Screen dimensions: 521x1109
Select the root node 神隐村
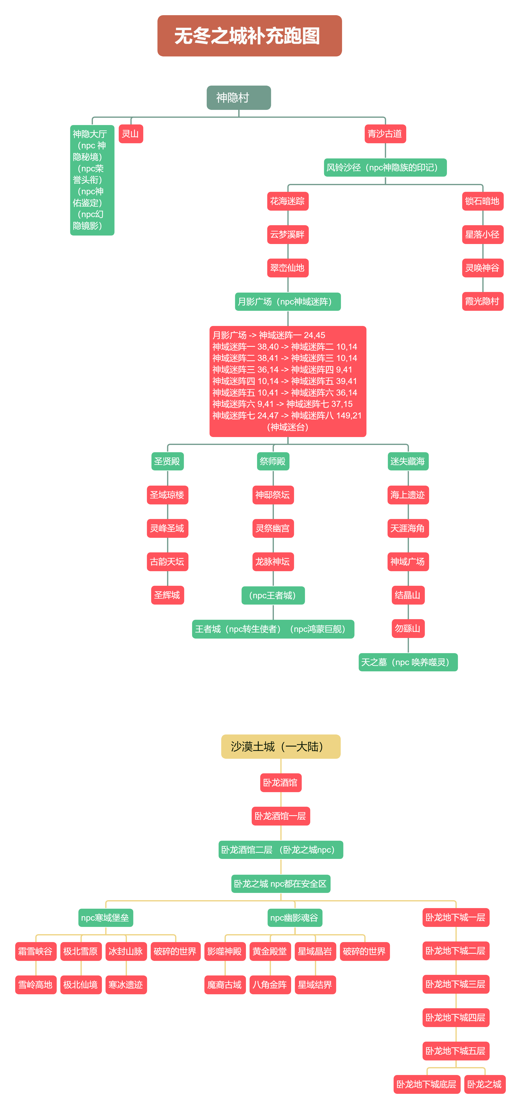pyautogui.click(x=239, y=98)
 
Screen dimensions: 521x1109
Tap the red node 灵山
pyautogui.click(x=131, y=134)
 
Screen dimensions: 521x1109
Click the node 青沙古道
pyautogui.click(x=385, y=134)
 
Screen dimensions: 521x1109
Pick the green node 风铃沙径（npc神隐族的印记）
pyautogui.click(x=385, y=168)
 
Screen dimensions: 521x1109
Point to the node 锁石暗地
pyautogui.click(x=482, y=201)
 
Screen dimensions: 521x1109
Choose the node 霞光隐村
pyautogui.click(x=482, y=301)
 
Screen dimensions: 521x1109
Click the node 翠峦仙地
pyautogui.click(x=288, y=268)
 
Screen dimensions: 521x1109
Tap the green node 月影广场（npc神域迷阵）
pyautogui.click(x=288, y=301)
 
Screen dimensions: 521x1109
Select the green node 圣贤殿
pyautogui.click(x=168, y=462)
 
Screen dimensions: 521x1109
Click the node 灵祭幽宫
pyautogui.click(x=273, y=528)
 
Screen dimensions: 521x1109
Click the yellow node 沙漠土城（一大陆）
pyautogui.click(x=281, y=746)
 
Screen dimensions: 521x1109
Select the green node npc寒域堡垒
pyautogui.click(x=105, y=918)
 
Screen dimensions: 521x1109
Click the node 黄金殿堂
pyautogui.click(x=270, y=951)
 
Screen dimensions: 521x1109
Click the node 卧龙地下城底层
pyautogui.click(x=427, y=1085)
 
